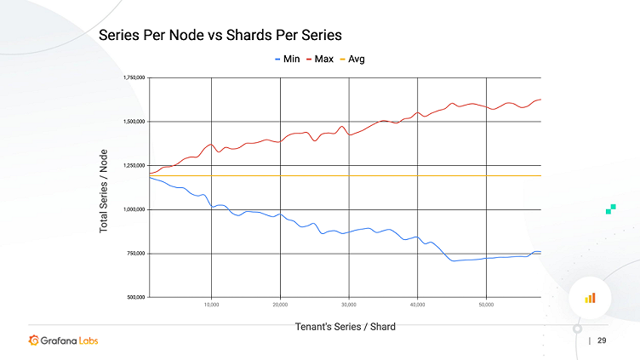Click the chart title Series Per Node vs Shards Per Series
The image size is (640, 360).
220,36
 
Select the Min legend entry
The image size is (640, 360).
287,60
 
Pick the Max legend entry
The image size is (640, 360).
319,60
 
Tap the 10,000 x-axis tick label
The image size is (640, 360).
212,304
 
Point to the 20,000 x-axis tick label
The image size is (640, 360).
280,304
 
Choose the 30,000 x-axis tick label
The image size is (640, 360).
348,304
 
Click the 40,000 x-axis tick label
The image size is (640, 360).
417,304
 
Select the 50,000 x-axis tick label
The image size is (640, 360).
485,304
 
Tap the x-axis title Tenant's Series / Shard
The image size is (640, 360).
345,326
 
